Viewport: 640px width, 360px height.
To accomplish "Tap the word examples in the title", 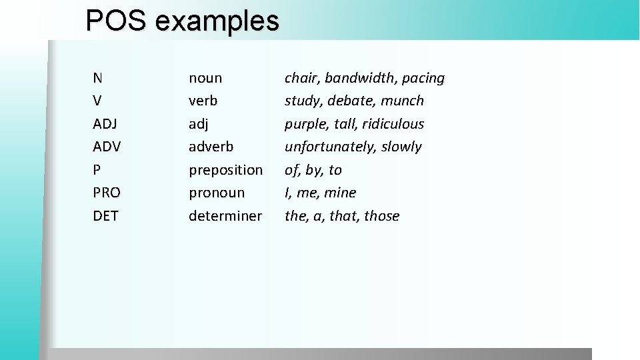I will [x=217, y=22].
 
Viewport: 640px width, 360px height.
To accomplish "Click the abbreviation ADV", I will [x=107, y=147].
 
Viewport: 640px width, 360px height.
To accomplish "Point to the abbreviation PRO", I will [x=107, y=193].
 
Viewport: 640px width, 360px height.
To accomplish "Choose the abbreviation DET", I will [x=105, y=216].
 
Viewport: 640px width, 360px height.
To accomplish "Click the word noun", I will [x=205, y=79].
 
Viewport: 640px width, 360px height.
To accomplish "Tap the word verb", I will [x=203, y=101].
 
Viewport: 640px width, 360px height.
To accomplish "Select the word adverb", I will [x=211, y=147].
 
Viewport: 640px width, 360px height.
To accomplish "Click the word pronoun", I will [x=217, y=193].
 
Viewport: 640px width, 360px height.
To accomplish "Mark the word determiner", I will [x=225, y=216].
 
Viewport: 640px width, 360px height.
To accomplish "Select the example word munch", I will [x=402, y=101].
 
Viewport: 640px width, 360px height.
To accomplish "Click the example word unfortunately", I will [x=331, y=147].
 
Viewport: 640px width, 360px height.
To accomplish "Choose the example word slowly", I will [x=401, y=147].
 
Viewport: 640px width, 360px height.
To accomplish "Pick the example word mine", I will [x=340, y=193].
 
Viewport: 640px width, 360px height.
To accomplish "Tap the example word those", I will [x=381, y=216].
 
